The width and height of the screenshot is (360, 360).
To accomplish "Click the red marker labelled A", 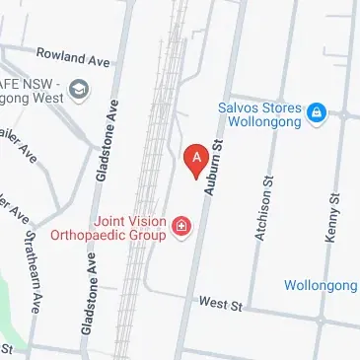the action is pos(196,159).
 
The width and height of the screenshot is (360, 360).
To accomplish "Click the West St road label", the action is pos(219,306).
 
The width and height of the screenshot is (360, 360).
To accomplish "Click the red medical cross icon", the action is pos(181,229).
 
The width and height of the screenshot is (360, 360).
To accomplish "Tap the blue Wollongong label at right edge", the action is pos(321,285).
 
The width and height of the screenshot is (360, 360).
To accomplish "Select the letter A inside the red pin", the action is pos(196,155).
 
